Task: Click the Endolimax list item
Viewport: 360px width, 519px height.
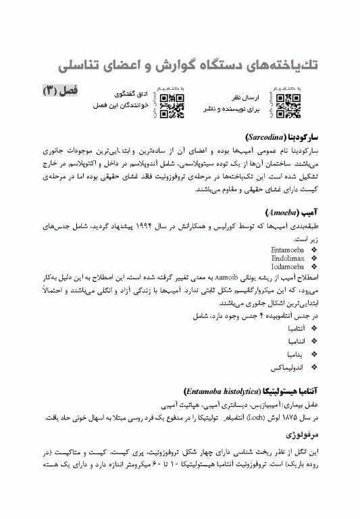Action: coord(288,258)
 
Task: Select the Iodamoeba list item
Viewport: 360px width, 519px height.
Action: coord(288,267)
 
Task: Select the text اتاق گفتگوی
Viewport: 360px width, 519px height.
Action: coord(130,96)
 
